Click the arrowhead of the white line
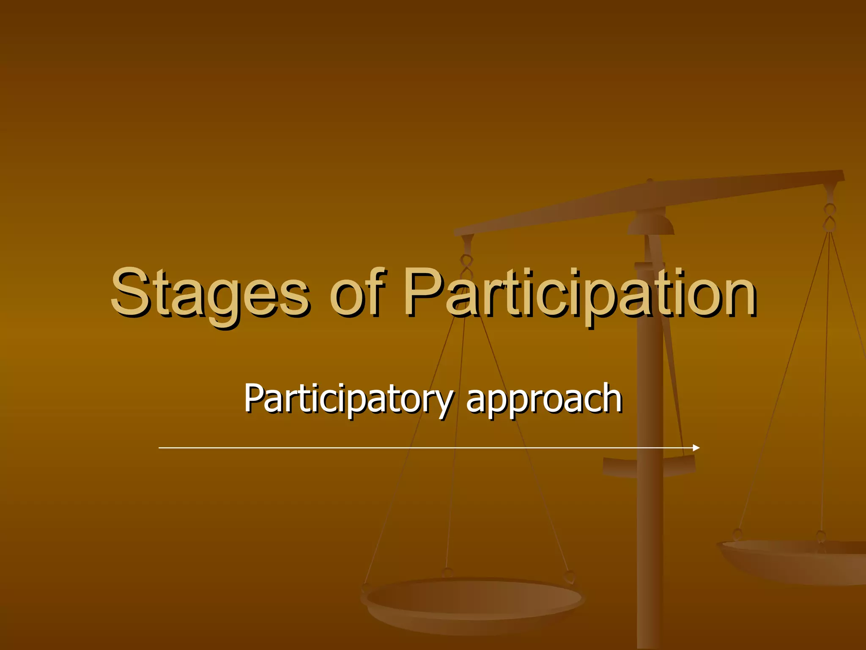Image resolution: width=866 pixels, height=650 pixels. click(696, 448)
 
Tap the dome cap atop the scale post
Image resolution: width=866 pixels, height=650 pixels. click(651, 224)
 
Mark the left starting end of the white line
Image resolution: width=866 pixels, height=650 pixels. click(160, 448)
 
